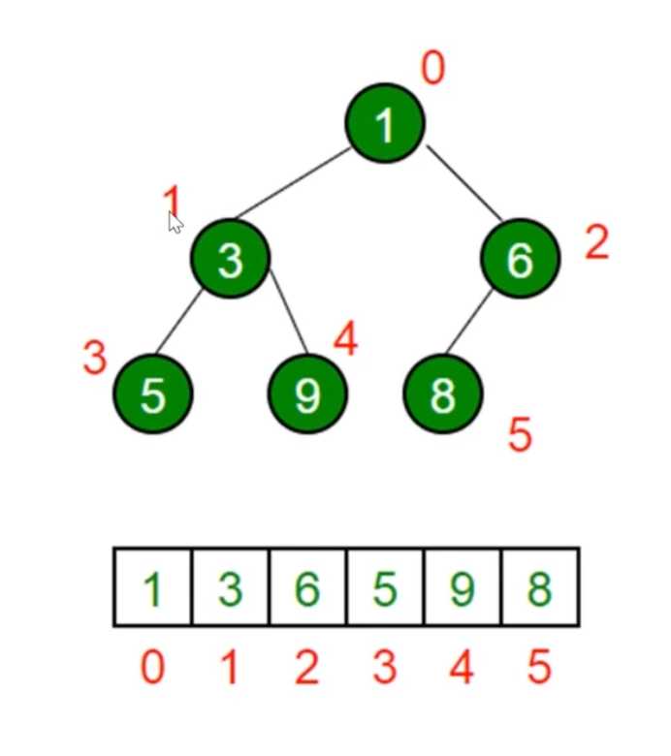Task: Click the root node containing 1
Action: [x=385, y=123]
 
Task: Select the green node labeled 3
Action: [x=230, y=259]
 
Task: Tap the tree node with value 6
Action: [x=520, y=259]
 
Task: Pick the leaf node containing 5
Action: [x=153, y=394]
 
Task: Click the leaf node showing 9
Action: [x=307, y=394]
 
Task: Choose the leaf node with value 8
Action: [x=442, y=394]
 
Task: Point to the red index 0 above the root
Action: [x=432, y=69]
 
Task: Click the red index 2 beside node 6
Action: [x=596, y=242]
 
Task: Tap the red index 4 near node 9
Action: [x=345, y=339]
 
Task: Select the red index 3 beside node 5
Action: [x=94, y=359]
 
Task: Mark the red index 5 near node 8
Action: [x=520, y=436]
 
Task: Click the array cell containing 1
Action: [x=152, y=588]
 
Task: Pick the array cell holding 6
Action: [x=307, y=588]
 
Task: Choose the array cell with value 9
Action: [x=463, y=588]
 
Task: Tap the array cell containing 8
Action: [x=540, y=588]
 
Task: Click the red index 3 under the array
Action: [x=385, y=668]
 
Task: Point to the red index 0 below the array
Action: [x=152, y=668]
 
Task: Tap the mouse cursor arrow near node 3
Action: [x=175, y=223]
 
